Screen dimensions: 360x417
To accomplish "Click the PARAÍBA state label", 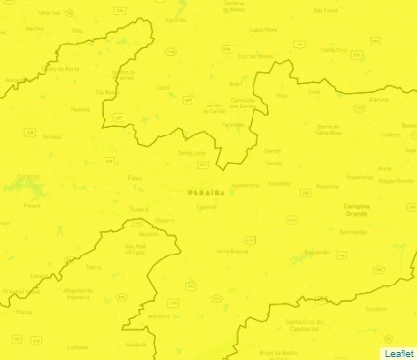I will click(x=206, y=193).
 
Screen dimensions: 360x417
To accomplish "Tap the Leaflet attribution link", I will click(x=399, y=353).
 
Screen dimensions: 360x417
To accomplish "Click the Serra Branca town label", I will click(x=232, y=250).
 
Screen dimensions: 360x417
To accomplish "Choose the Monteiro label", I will click(x=161, y=316).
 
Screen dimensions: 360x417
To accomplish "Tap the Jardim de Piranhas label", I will click(x=124, y=75).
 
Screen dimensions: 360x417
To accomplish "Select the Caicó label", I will click(x=163, y=87).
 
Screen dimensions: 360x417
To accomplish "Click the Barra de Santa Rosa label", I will click(x=331, y=129).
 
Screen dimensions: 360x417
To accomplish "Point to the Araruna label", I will click(x=378, y=99).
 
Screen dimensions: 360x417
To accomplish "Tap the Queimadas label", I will click(x=353, y=232).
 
